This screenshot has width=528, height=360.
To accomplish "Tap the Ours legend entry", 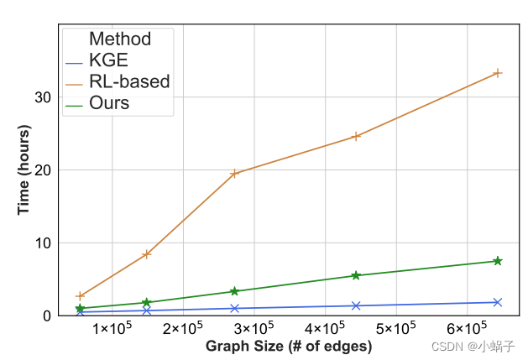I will (109, 103).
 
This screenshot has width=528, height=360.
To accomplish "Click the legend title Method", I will (120, 39).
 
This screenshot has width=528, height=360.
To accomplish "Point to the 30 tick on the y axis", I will (44, 97).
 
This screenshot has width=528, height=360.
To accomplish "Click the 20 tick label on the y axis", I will (44, 170).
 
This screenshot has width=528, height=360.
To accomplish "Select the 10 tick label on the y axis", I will (44, 243).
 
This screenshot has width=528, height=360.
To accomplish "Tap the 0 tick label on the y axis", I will (48, 316).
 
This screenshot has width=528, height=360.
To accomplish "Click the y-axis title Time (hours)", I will (24, 170).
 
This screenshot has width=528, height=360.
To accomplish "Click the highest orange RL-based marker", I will (497, 73).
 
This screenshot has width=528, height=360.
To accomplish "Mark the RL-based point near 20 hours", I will (235, 174).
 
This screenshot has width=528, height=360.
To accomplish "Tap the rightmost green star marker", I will (497, 261).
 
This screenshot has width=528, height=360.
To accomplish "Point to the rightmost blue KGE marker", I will (497, 302).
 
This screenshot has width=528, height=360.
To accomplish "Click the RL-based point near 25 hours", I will (356, 136).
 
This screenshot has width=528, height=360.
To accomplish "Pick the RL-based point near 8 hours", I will (146, 253).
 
